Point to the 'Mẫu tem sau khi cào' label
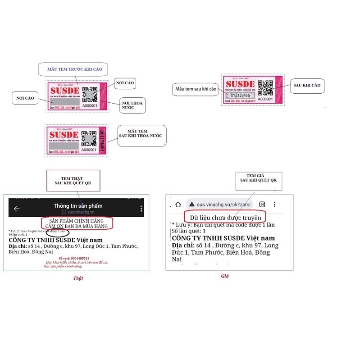coord(196,89)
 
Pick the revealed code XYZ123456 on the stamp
coord(240,96)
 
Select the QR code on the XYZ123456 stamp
coord(265,88)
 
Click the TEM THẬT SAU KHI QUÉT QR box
coord(73,180)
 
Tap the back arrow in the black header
coord(17,209)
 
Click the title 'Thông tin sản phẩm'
coord(78,206)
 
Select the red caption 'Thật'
coord(78,278)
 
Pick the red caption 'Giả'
coord(225,276)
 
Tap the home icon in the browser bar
coord(178,204)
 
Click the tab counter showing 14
coord(262,204)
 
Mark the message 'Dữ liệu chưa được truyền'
coord(225,218)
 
